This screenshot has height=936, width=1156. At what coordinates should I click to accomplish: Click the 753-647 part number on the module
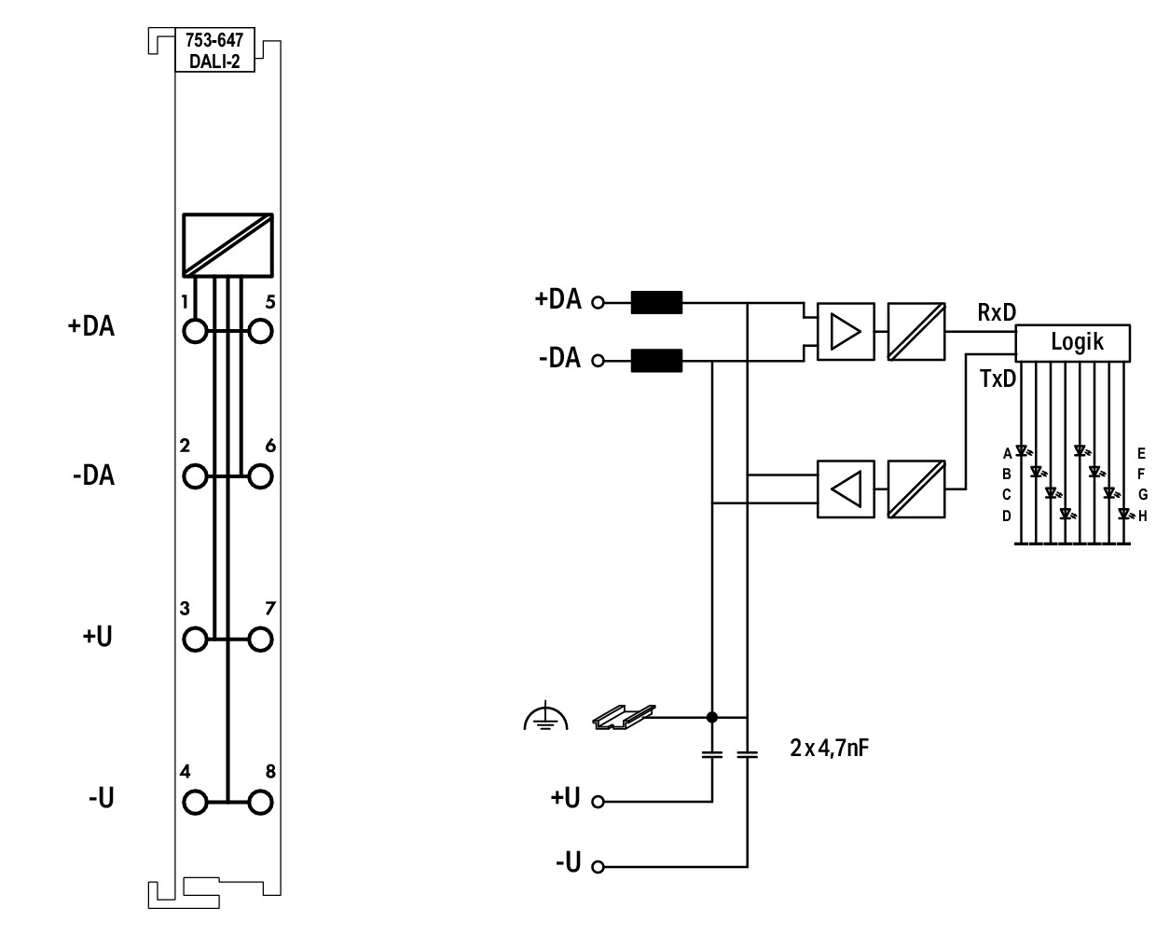coord(214,40)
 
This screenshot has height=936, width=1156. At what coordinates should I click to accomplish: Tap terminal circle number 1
coord(195,331)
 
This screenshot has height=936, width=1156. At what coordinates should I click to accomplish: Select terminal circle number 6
coord(260,476)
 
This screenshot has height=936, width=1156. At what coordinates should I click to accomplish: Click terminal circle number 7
coord(260,640)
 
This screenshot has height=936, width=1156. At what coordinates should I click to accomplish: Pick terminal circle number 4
coord(195,802)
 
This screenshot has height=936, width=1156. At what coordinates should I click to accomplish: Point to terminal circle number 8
coord(260,802)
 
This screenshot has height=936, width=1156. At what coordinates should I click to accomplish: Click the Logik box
coord(1072,343)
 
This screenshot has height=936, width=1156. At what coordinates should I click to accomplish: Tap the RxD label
coord(997,312)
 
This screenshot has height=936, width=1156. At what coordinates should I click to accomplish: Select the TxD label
coord(998,379)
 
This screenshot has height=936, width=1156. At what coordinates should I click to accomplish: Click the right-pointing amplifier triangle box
coord(846,331)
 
